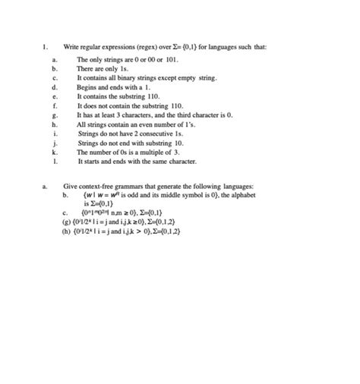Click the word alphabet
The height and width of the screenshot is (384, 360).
click(242, 195)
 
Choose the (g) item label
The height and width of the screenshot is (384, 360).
click(67, 223)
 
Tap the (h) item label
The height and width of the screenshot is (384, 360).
click(67, 232)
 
